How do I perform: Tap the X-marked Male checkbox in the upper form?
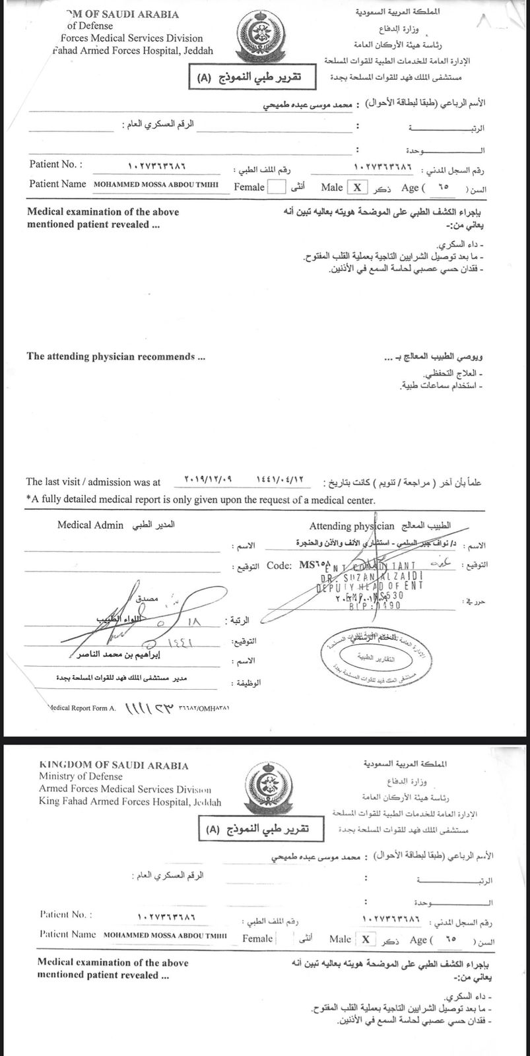pos(357,187)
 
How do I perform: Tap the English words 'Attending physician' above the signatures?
pos(352,527)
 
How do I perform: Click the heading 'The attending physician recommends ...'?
pos(116,356)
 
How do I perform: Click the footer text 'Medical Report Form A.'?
pos(83,708)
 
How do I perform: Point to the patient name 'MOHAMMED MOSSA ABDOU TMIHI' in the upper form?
pos(157,184)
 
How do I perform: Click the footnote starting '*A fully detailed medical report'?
pos(201,500)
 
